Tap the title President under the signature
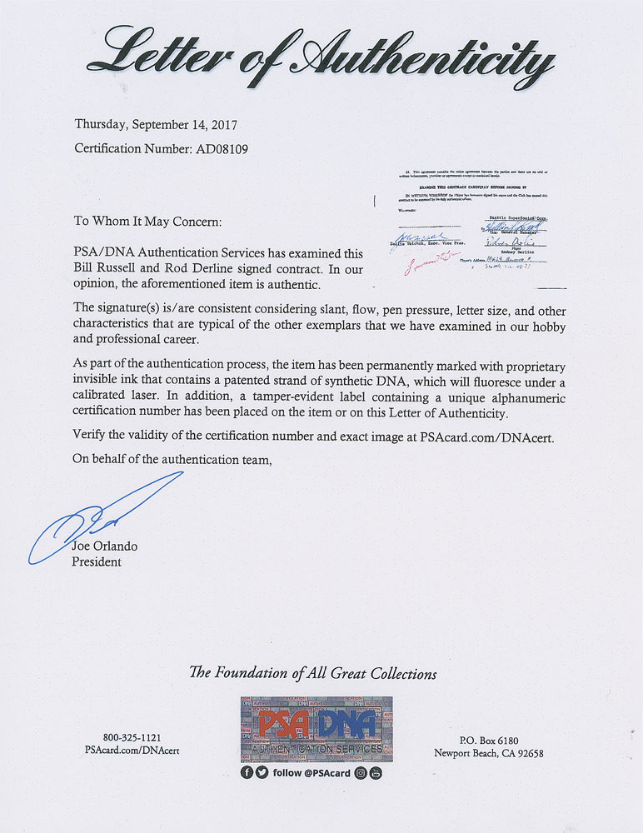click(97, 561)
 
